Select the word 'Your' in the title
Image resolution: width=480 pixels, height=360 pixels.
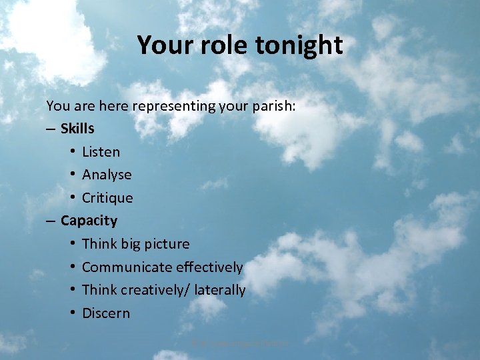163,45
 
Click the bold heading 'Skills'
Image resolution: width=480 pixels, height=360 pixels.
77,128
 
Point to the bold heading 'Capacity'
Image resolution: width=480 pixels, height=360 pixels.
89,221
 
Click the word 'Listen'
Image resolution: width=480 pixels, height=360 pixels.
101,151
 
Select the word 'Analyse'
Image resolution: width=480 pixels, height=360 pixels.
107,175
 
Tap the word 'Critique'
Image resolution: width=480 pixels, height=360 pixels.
107,198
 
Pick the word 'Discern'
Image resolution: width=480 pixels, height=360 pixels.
106,313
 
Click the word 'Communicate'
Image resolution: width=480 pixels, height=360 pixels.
127,267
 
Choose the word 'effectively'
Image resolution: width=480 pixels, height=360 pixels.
209,267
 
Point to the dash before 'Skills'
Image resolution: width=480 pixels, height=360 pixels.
51,129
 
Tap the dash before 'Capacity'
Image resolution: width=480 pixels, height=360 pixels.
51,221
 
